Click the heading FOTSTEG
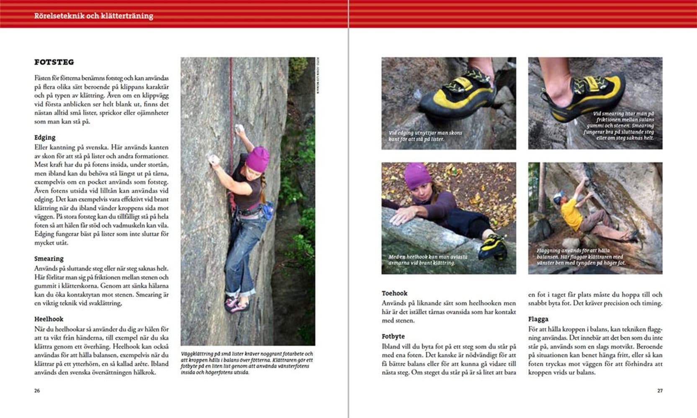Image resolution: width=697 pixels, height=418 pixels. [x=54, y=62]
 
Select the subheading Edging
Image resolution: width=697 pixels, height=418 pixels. [x=45, y=138]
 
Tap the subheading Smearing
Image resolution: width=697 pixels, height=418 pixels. [x=49, y=259]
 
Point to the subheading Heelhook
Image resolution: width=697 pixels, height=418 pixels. [x=49, y=319]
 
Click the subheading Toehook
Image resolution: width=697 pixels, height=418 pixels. [x=394, y=293]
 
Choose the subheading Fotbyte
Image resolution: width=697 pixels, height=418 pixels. [x=393, y=336]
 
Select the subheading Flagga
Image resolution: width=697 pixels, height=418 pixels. [x=538, y=319]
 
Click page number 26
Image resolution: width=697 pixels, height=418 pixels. [x=37, y=391]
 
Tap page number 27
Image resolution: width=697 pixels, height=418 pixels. [x=660, y=391]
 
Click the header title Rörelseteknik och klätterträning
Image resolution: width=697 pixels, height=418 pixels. [x=94, y=16]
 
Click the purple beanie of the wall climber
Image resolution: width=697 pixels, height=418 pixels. [x=257, y=158]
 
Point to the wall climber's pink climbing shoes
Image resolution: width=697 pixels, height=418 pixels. [x=237, y=305]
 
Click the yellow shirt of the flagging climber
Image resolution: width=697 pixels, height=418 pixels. [x=571, y=214]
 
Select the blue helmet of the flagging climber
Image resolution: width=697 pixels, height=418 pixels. [x=558, y=197]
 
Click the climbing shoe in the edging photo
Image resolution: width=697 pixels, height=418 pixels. [x=458, y=96]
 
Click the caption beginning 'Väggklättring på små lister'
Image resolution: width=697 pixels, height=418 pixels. [x=247, y=363]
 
